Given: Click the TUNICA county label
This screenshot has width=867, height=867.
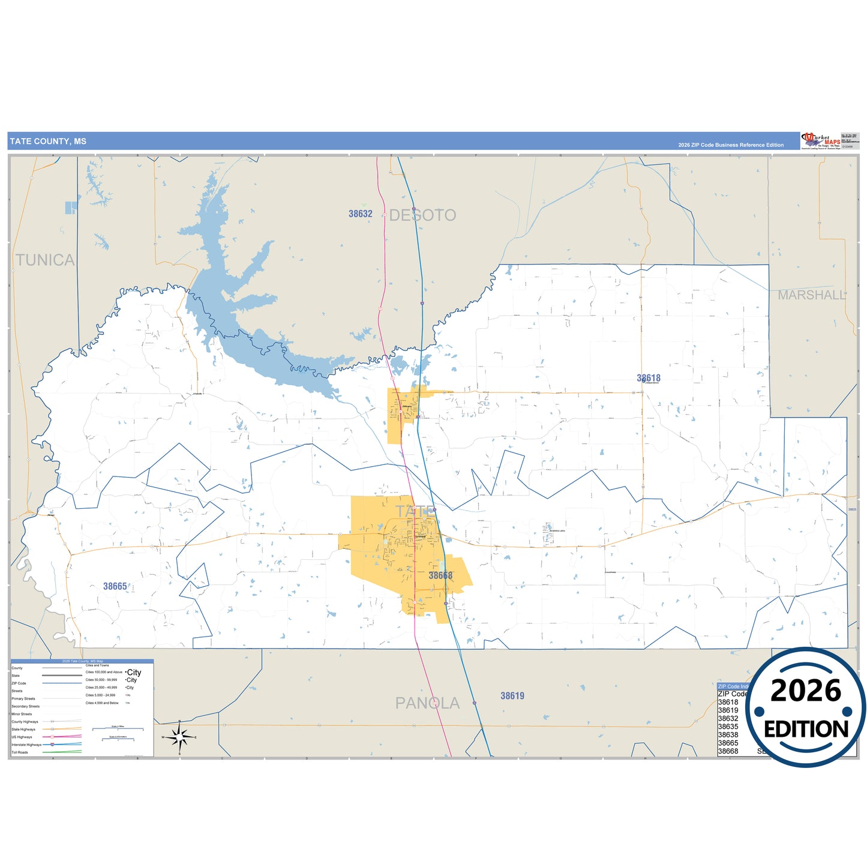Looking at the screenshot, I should coord(45,260).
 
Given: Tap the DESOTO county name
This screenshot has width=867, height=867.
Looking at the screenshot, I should coord(423,215).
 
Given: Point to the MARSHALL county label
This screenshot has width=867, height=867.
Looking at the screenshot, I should coord(812,295).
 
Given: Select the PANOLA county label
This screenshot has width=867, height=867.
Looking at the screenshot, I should coord(427,703).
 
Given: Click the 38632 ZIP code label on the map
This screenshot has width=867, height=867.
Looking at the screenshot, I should coord(361,214).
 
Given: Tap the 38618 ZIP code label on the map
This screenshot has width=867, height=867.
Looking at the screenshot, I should coord(649,378).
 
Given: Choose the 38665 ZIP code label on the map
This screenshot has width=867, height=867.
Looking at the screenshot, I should coord(115,586).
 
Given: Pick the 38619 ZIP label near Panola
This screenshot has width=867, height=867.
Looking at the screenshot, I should coord(512,696).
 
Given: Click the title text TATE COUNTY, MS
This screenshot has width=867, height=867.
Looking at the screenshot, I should coord(48,142).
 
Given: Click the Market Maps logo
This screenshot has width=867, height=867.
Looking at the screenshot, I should coord(820,141).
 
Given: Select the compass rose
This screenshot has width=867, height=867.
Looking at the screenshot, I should coord(179,737).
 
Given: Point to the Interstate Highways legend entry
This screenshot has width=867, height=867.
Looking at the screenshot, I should coord(27,745).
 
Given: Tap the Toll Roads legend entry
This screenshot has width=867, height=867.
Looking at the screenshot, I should coord(20,752).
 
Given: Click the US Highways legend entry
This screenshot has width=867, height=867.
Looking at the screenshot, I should coord(22,737).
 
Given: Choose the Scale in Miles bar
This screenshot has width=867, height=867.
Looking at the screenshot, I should coord(118,729).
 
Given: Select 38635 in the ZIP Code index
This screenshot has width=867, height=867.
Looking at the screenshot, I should coord(728,727).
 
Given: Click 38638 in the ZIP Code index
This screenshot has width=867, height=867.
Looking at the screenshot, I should coord(728,734).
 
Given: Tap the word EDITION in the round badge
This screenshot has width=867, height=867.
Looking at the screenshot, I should coord(806,729).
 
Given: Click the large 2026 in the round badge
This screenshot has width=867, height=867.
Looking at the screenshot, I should coord(806,691).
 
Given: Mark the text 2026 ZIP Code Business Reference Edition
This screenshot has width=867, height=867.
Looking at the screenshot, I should coord(731,145).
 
